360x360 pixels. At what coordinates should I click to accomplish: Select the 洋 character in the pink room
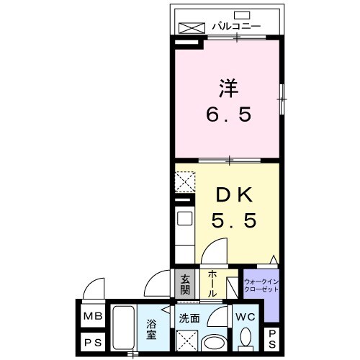pos(225,89)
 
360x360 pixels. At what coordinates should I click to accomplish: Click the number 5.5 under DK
pos(233,221)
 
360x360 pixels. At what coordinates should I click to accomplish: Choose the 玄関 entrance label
pos(185,284)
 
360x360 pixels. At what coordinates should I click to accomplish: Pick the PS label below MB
pos(91,342)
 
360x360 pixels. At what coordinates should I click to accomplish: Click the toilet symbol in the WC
pos(245,338)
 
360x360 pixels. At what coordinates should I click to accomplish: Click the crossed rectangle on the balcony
pos(192,27)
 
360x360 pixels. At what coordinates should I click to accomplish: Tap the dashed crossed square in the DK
pos(184,180)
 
